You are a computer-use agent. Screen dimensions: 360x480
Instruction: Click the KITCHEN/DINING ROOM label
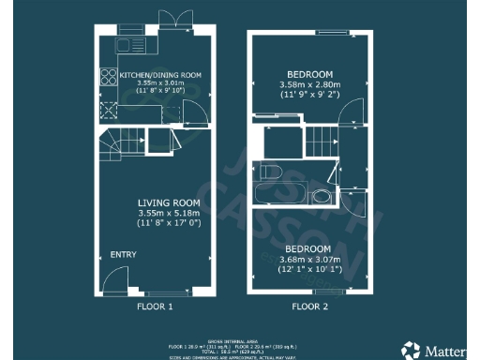(x=159, y=74)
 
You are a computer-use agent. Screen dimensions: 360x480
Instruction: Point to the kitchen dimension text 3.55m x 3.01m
(x=156, y=82)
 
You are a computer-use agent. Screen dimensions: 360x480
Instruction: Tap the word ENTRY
(x=123, y=255)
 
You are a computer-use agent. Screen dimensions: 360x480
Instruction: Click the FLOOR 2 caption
(x=308, y=306)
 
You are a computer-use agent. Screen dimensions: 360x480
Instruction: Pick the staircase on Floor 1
(x=114, y=146)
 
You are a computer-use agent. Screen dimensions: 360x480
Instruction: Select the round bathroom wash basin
(x=322, y=198)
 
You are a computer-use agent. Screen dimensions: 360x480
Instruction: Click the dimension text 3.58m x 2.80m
(x=309, y=84)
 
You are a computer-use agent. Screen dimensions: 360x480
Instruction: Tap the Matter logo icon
(x=412, y=349)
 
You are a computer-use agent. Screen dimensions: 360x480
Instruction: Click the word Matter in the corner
(x=445, y=350)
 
